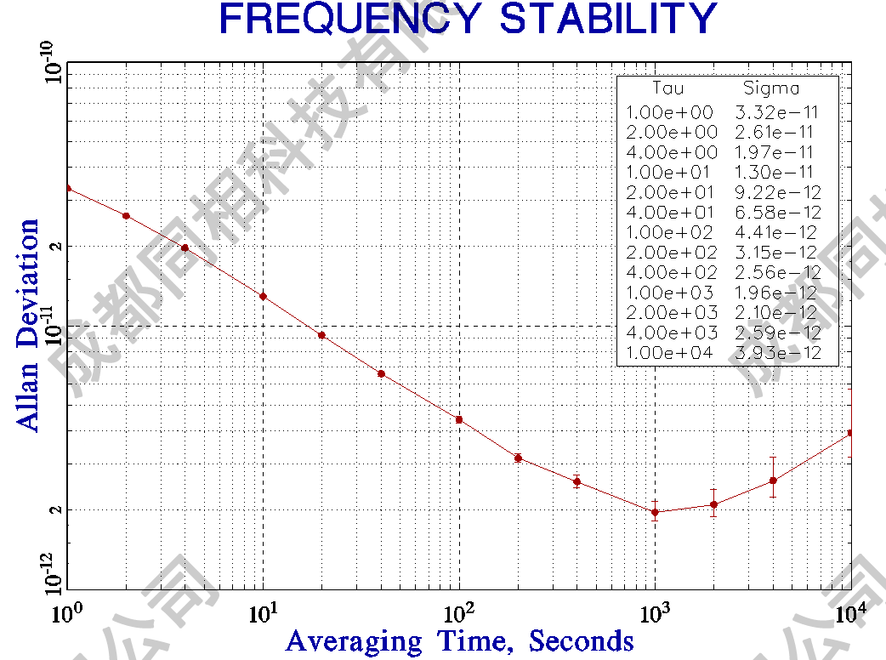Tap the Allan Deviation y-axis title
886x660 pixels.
click(28, 326)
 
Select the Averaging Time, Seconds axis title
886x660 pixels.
click(460, 640)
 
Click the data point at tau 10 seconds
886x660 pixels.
click(264, 296)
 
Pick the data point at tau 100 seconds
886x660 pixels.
click(459, 419)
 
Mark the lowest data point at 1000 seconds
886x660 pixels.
click(655, 512)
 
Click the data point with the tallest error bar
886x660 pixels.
click(773, 481)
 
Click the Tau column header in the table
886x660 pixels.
click(667, 88)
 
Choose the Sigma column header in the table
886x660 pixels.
click(771, 88)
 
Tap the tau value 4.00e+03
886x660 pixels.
click(672, 333)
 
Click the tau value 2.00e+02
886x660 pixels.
click(672, 253)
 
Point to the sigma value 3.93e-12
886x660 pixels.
click(778, 353)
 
